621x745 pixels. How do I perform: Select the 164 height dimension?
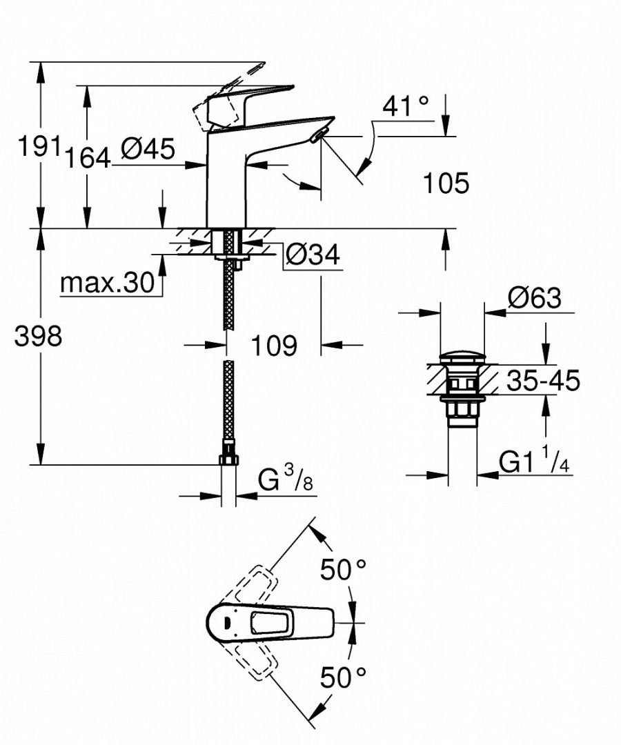point(88,158)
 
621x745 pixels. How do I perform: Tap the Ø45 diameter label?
point(147,148)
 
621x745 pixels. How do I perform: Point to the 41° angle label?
point(405,107)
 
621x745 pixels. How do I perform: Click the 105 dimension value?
point(445,183)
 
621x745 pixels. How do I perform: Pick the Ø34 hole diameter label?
point(313,256)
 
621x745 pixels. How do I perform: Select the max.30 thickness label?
point(106,283)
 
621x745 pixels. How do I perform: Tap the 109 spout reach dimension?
point(274,346)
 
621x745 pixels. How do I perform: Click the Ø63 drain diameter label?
point(533,299)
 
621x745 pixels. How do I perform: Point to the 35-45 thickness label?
point(543,380)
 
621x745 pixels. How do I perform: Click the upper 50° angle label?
point(343,569)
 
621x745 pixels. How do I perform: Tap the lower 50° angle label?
point(343,678)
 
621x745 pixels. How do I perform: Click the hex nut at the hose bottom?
point(228,461)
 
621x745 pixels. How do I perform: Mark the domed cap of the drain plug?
point(462,358)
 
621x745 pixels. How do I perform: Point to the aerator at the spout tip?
point(317,136)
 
